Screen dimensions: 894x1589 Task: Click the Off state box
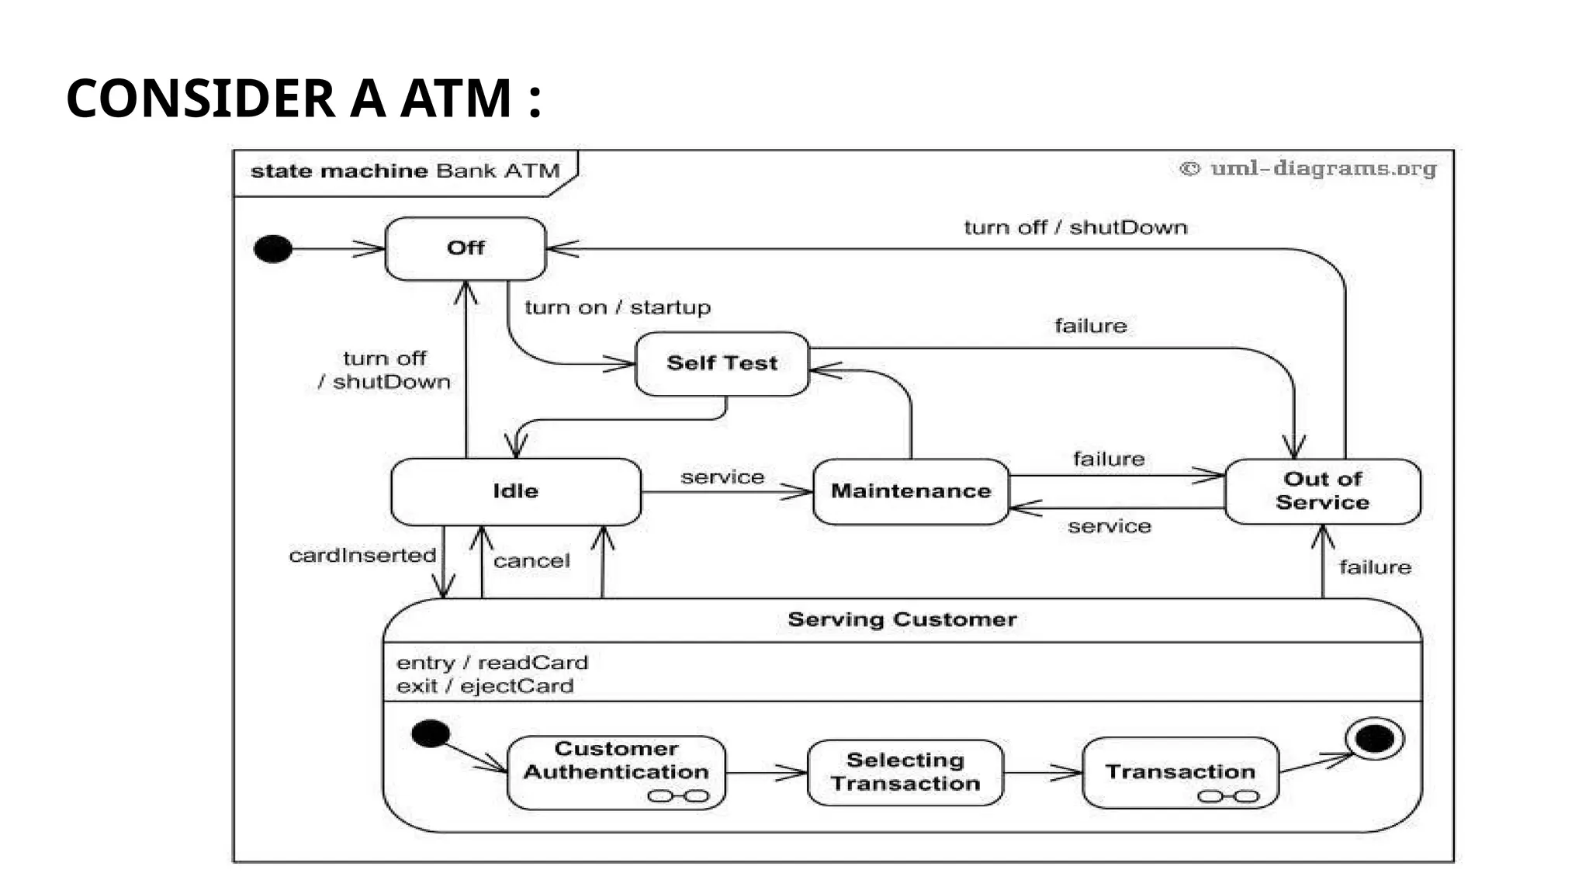466,248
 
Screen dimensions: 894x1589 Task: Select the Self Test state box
722,363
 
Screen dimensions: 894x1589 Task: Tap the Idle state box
516,491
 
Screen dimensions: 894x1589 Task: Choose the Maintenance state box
911,491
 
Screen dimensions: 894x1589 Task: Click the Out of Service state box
1322,491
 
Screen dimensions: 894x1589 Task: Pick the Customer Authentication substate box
616,771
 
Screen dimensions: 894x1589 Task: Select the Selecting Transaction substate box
905,772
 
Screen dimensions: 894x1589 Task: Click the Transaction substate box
1179,772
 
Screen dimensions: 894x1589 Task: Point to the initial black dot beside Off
273,249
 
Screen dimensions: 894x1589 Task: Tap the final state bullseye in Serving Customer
1375,738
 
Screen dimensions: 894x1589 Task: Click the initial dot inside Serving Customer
431,733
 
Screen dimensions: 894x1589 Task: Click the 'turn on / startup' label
618,307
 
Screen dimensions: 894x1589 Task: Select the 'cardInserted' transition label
362,556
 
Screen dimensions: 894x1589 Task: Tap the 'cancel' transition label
531,561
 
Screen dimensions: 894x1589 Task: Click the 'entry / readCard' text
492,663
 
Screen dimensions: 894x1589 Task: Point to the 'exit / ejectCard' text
485,686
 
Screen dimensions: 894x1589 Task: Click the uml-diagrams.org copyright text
1308,168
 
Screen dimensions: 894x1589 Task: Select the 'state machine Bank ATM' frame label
404,171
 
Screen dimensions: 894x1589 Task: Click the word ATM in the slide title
455,99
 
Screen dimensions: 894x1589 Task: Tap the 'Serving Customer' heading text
902,619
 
